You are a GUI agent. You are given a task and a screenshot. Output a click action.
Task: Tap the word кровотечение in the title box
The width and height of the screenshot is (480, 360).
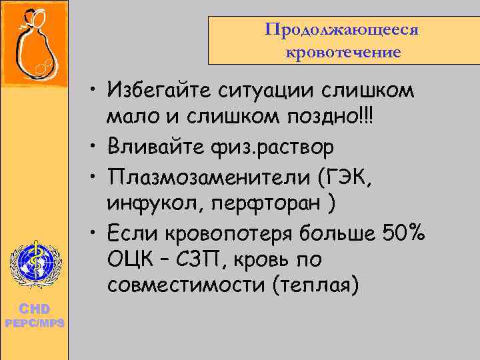tap(343, 51)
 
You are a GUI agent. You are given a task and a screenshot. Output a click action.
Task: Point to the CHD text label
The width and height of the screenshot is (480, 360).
tap(33, 309)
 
